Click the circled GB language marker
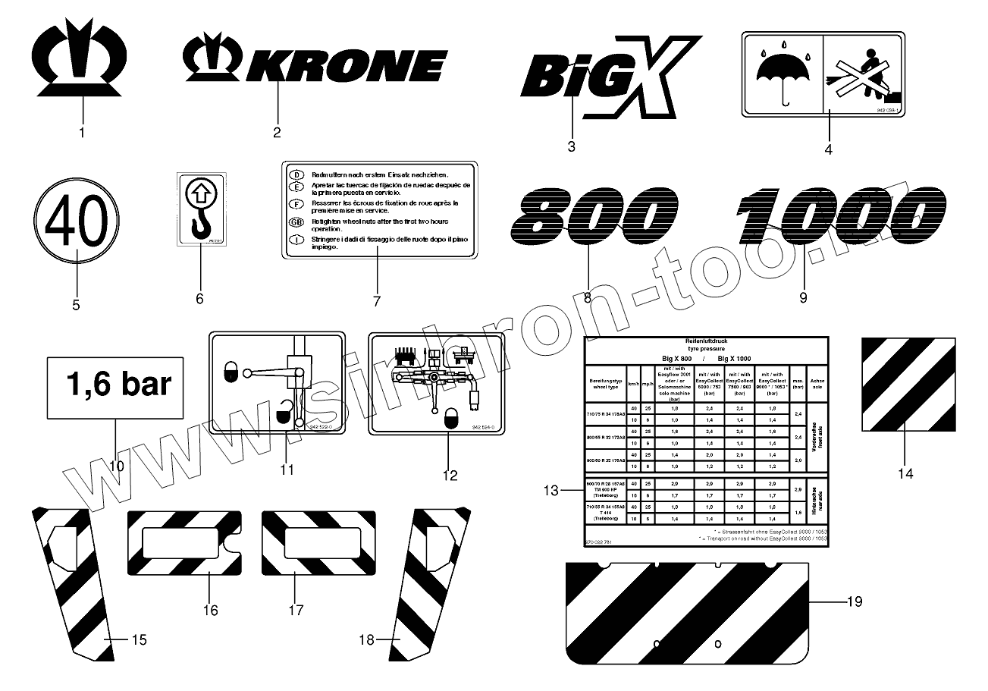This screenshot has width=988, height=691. point(296,222)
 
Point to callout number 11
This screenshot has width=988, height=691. point(286,470)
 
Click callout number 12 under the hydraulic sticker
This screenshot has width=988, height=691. point(450,476)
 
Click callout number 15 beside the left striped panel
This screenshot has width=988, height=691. point(139,639)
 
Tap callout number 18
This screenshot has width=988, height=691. point(367,640)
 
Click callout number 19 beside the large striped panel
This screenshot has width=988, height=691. point(854,602)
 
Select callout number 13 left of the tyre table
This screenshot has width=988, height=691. point(552,491)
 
